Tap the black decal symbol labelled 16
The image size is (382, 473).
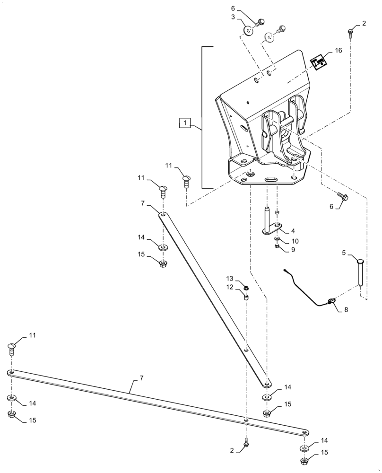(x=319, y=61)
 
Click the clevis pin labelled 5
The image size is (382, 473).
(x=359, y=272)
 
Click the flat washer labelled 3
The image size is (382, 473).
(x=248, y=31)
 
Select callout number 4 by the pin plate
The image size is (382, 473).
(x=293, y=231)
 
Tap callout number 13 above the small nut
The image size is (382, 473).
(x=230, y=278)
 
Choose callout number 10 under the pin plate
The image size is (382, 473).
(x=295, y=241)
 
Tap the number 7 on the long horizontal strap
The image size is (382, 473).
(x=141, y=379)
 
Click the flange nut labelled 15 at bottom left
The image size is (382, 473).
(x=12, y=415)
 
